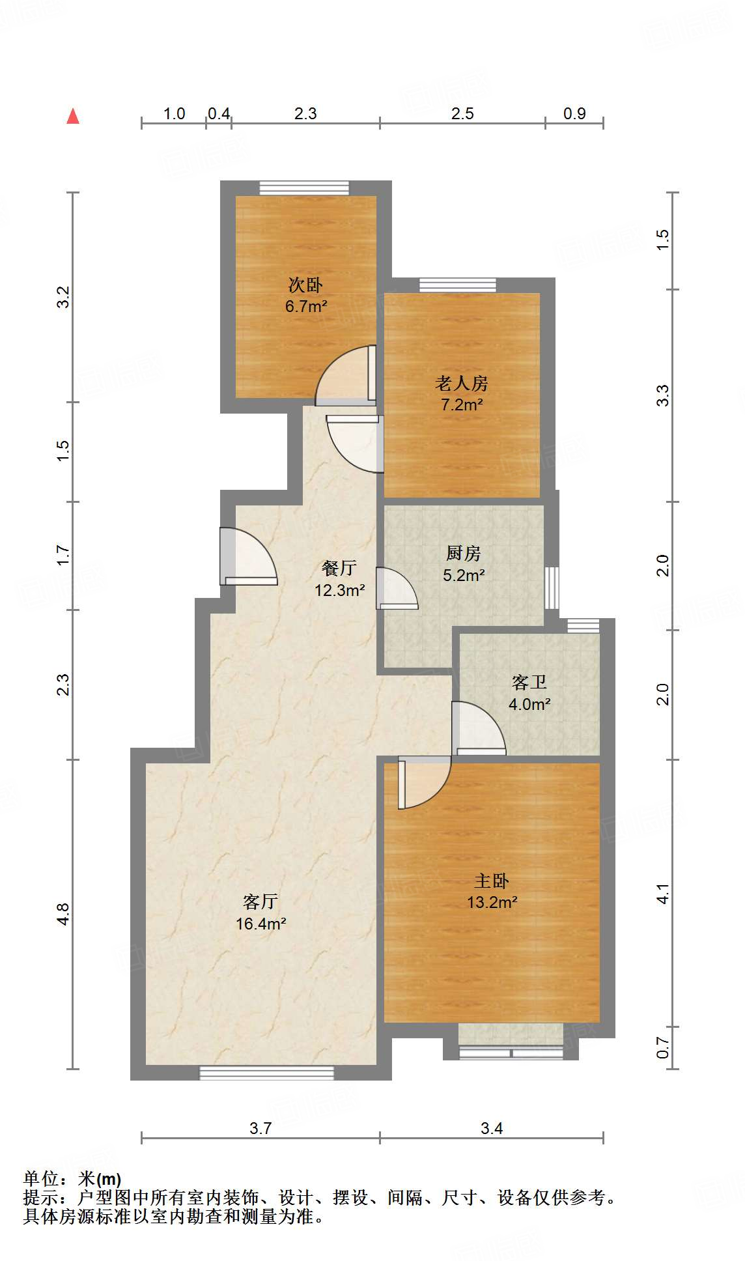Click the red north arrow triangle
(x=73, y=117)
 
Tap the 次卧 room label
(x=305, y=285)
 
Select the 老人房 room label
(x=461, y=383)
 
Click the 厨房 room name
(x=463, y=554)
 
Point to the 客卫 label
(x=529, y=683)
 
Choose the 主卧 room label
(x=491, y=881)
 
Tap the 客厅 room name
(x=260, y=902)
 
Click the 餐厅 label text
(x=339, y=569)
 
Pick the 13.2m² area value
(x=492, y=902)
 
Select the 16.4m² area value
(x=261, y=924)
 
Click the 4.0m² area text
(x=529, y=704)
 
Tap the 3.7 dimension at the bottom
(x=260, y=1129)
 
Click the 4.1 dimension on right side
(x=662, y=894)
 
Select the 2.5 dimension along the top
(x=462, y=114)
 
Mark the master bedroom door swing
(x=424, y=782)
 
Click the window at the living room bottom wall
(x=266, y=1073)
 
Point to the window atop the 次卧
(x=304, y=188)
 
